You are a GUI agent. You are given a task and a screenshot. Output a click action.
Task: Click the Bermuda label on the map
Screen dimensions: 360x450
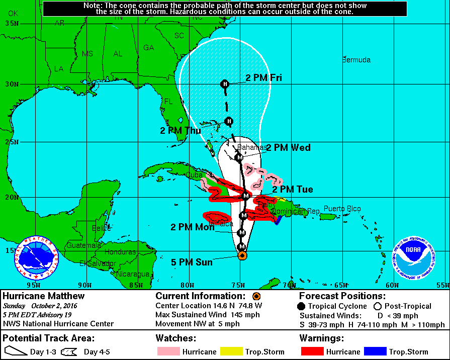coord(356,60)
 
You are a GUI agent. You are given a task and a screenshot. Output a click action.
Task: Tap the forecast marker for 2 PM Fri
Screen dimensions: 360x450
coord(225,83)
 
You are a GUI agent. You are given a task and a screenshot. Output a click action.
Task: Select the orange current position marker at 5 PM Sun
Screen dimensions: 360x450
coord(242,255)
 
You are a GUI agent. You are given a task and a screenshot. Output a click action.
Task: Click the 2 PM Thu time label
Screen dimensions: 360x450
coord(181,130)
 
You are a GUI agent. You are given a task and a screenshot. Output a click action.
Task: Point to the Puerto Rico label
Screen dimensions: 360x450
coord(342,209)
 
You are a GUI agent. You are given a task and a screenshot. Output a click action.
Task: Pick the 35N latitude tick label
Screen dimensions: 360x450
coord(11,24)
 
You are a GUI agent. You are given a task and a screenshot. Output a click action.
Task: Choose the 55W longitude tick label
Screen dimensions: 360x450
coord(442,285)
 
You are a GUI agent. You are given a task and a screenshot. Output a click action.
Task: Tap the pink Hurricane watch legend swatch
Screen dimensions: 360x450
coord(167,352)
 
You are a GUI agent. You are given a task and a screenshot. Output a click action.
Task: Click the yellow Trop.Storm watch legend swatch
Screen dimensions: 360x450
coord(230,352)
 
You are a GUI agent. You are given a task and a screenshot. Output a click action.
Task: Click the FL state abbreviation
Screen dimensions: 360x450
coord(168,102)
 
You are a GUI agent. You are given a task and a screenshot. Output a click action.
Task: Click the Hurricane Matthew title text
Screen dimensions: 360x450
coord(44,296)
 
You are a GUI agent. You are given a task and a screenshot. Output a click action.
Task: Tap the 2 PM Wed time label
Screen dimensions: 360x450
coord(288,148)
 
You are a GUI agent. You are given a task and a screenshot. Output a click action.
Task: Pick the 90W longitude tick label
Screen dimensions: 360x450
coord(85,285)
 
